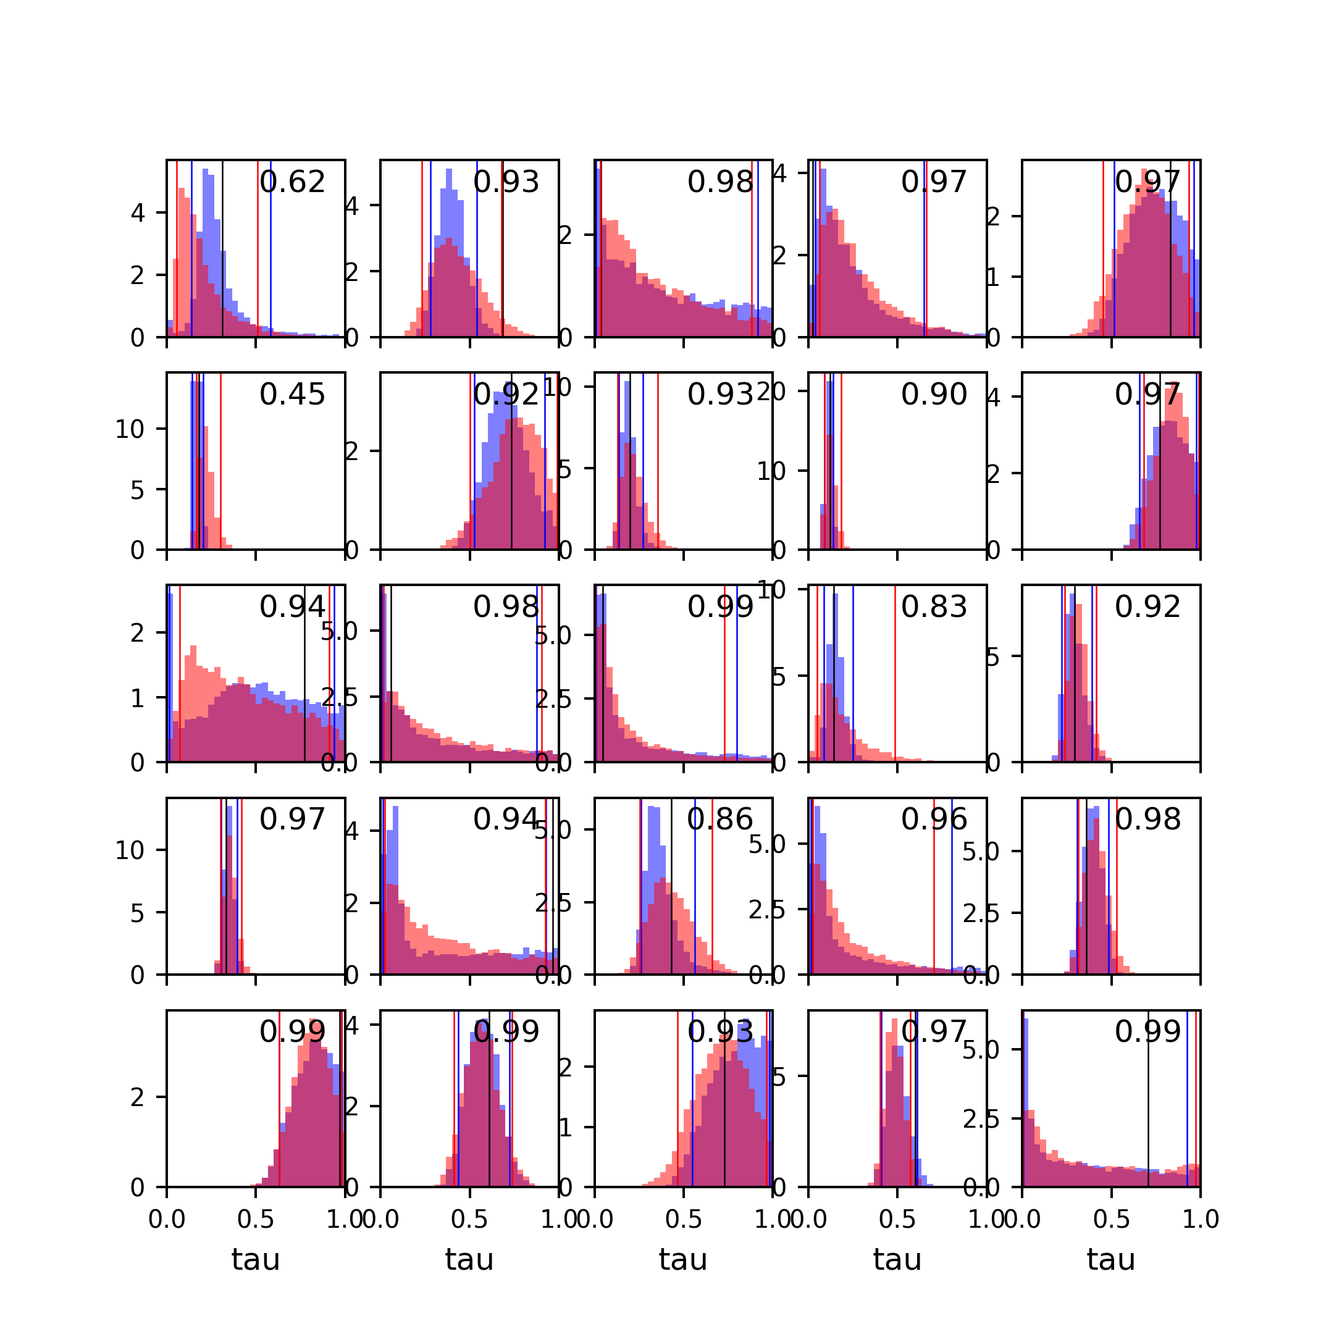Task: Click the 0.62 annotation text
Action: point(292,182)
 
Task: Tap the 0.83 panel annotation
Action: point(934,607)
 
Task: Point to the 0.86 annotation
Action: point(719,820)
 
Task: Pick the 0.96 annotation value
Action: point(934,820)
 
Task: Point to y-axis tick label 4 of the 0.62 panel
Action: point(138,213)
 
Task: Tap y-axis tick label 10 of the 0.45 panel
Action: point(130,429)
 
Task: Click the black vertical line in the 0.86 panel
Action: point(671,891)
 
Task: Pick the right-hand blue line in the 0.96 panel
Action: point(952,891)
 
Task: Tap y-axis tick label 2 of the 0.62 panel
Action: point(138,275)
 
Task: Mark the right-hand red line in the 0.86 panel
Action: point(712,891)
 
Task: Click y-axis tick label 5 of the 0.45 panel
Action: point(138,490)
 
